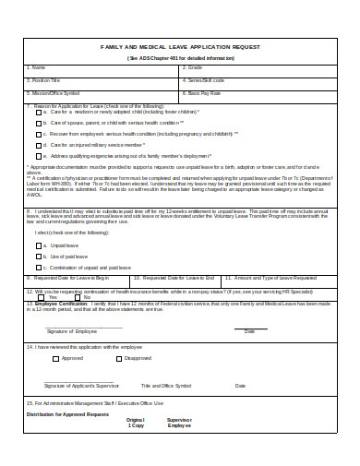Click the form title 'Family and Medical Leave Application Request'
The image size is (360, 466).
pyautogui.click(x=179, y=45)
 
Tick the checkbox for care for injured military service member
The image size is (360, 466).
pyautogui.click(x=39, y=145)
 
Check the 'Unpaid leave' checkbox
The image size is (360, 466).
pyautogui.click(x=39, y=245)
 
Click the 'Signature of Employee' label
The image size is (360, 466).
pyautogui.click(x=71, y=330)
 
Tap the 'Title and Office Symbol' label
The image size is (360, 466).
pyautogui.click(x=166, y=386)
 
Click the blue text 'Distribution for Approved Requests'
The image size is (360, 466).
pyautogui.click(x=66, y=414)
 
